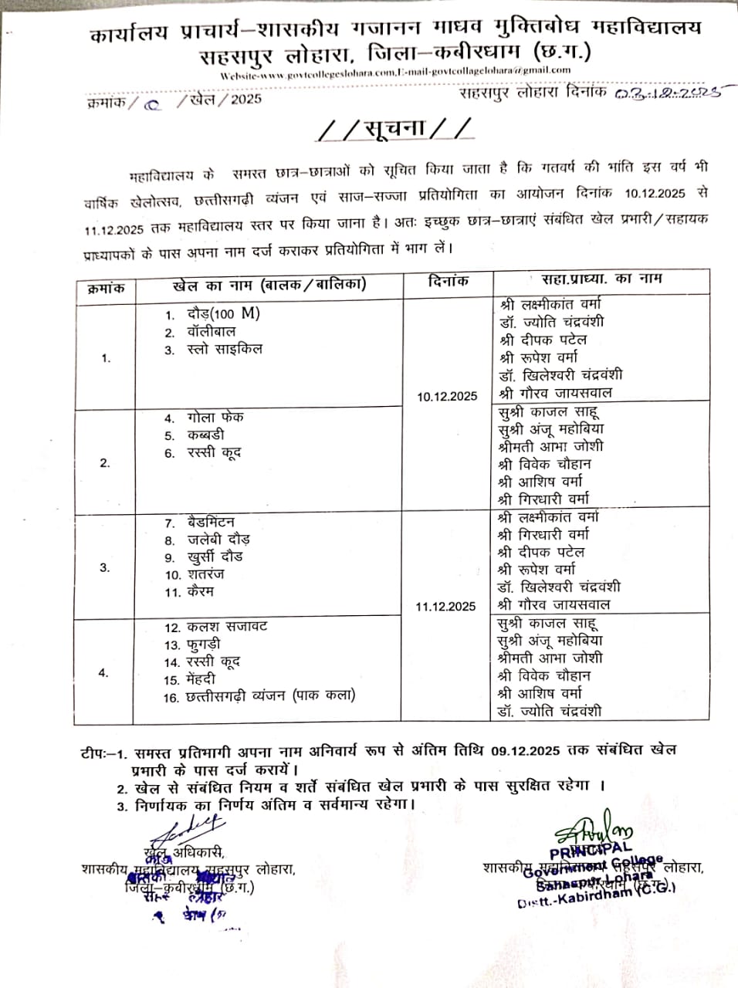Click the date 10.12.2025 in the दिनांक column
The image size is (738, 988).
click(447, 397)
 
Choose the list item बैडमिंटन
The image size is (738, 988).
click(211, 523)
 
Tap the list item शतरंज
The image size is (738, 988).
click(205, 574)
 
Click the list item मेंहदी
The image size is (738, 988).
click(201, 679)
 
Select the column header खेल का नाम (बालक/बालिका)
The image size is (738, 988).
click(269, 285)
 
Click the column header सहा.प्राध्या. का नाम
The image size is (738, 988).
click(596, 279)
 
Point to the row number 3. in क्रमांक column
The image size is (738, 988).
click(105, 567)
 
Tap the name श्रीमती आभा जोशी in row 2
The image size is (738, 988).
click(550, 446)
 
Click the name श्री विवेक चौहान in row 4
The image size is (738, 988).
click(544, 675)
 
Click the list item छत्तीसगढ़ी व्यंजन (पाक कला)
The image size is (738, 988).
click(270, 696)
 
